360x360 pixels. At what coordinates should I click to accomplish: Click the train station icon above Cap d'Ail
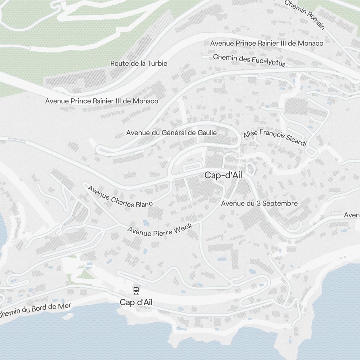pos(136,290)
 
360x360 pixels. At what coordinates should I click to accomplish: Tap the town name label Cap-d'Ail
pos(224,175)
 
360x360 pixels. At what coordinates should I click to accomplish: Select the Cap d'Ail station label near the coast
pos(136,302)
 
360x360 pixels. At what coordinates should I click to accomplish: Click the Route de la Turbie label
pos(139,63)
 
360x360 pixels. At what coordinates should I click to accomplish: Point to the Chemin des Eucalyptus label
pos(249,60)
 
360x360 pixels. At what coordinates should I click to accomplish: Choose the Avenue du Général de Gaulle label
pos(171,133)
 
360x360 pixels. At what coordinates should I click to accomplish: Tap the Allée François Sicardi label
pos(275,139)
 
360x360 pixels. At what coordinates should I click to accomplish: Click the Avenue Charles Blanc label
pos(120,197)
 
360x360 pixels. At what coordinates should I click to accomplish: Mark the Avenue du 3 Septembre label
pos(259,203)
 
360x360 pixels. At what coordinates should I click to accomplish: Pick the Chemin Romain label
pos(305,14)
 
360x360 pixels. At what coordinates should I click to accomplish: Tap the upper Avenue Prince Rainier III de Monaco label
pos(266,43)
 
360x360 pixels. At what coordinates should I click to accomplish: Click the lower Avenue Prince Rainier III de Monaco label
pos(102,101)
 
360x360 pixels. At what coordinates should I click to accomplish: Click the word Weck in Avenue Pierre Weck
pos(183,227)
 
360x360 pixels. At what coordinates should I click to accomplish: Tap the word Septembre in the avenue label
pos(280,203)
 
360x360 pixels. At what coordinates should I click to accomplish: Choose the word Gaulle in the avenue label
pos(207,133)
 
